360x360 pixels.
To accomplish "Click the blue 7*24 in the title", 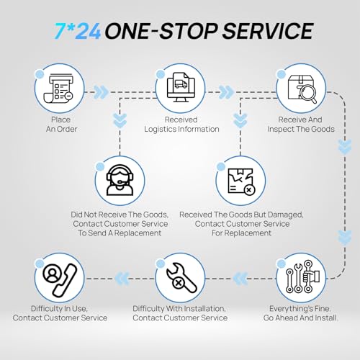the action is point(78,31).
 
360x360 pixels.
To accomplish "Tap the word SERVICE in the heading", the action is point(268,31).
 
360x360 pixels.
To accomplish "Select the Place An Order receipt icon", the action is point(58,88).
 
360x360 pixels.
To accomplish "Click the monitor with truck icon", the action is point(181,87).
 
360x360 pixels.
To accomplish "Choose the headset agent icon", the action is point(120,180).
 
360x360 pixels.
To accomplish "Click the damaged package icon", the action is point(241,181).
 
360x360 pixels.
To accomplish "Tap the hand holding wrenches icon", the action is point(302,276).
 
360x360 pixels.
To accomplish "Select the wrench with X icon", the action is point(181,278).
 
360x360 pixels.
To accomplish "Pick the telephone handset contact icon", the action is point(60,279).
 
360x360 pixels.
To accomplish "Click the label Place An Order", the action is point(61,125).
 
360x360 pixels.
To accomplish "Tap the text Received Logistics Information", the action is point(181,125).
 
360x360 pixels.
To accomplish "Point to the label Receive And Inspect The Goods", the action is point(301,125).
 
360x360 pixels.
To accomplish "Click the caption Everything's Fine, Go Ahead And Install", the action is point(301,313).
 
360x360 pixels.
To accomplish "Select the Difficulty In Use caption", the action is point(60,313).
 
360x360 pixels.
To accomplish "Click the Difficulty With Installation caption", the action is point(180,313).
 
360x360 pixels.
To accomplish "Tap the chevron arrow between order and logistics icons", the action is point(101,92).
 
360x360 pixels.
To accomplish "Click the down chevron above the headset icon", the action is point(120,120).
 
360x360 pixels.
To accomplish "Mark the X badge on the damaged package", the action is point(249,190).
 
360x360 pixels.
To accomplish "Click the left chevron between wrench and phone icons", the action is point(122,279).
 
